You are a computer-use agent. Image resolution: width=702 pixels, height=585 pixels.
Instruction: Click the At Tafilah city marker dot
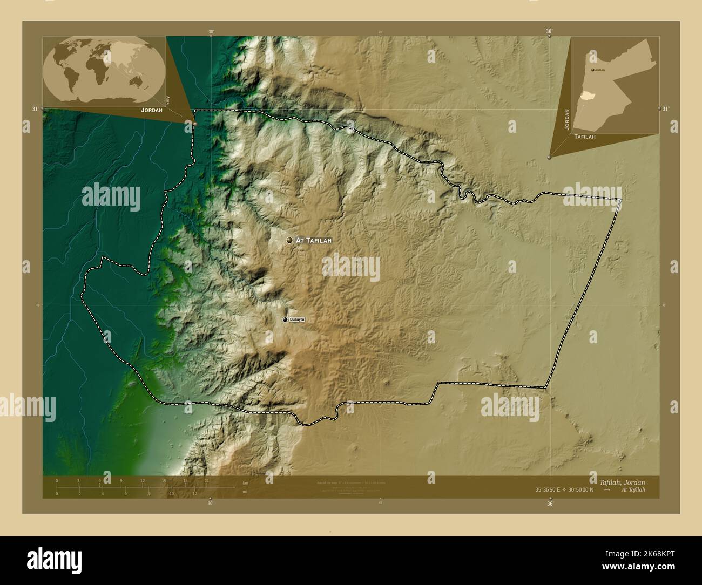click(x=289, y=240)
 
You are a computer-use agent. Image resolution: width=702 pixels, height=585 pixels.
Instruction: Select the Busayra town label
click(x=298, y=320)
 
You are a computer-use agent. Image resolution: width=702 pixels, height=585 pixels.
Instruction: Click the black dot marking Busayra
click(x=285, y=320)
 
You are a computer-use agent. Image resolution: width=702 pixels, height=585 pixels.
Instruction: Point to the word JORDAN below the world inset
click(x=151, y=110)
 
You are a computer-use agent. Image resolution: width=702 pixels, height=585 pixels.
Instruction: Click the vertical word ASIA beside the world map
click(x=168, y=100)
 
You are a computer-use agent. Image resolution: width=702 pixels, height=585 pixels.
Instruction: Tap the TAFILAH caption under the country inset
click(x=585, y=138)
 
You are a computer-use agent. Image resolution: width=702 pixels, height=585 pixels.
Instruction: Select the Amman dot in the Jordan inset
click(x=592, y=70)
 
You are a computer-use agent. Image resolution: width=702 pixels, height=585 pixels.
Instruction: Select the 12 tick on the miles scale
click(x=194, y=493)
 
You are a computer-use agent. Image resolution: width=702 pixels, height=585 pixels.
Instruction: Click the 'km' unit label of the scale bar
click(x=245, y=483)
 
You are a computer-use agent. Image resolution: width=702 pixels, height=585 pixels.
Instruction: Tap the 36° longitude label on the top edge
click(x=549, y=32)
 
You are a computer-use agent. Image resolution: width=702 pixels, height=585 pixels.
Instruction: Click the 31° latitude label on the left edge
click(x=35, y=109)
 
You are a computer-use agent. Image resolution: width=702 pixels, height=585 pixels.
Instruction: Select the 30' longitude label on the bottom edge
click(x=210, y=503)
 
